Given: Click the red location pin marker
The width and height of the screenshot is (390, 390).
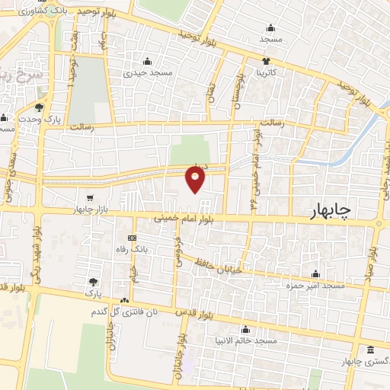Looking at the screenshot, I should [196, 179].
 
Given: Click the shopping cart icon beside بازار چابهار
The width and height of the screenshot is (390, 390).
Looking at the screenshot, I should [91, 197].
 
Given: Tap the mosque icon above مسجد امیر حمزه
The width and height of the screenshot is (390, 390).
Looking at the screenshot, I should [316, 274].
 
